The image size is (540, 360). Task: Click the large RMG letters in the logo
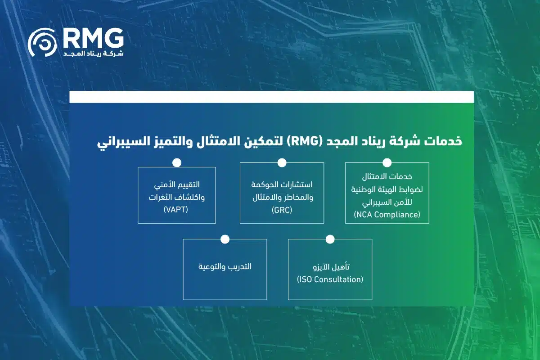(93, 39)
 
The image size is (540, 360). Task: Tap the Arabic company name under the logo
(93, 54)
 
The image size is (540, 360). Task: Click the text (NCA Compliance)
(387, 214)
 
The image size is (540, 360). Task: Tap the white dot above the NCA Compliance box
(387, 162)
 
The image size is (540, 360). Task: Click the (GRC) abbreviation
(282, 210)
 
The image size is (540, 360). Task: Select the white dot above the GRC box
(282, 162)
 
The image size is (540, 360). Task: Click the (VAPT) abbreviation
(176, 210)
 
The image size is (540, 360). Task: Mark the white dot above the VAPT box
(176, 162)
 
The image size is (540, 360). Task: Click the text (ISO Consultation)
(330, 279)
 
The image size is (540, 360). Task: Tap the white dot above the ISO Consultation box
(330, 239)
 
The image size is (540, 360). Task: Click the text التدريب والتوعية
(225, 266)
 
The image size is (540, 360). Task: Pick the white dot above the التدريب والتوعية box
(225, 239)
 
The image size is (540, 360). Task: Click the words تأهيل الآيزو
(331, 267)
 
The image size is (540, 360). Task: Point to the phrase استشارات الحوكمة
(282, 184)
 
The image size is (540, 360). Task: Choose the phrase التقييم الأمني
(176, 184)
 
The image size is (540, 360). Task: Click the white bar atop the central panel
(271, 97)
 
